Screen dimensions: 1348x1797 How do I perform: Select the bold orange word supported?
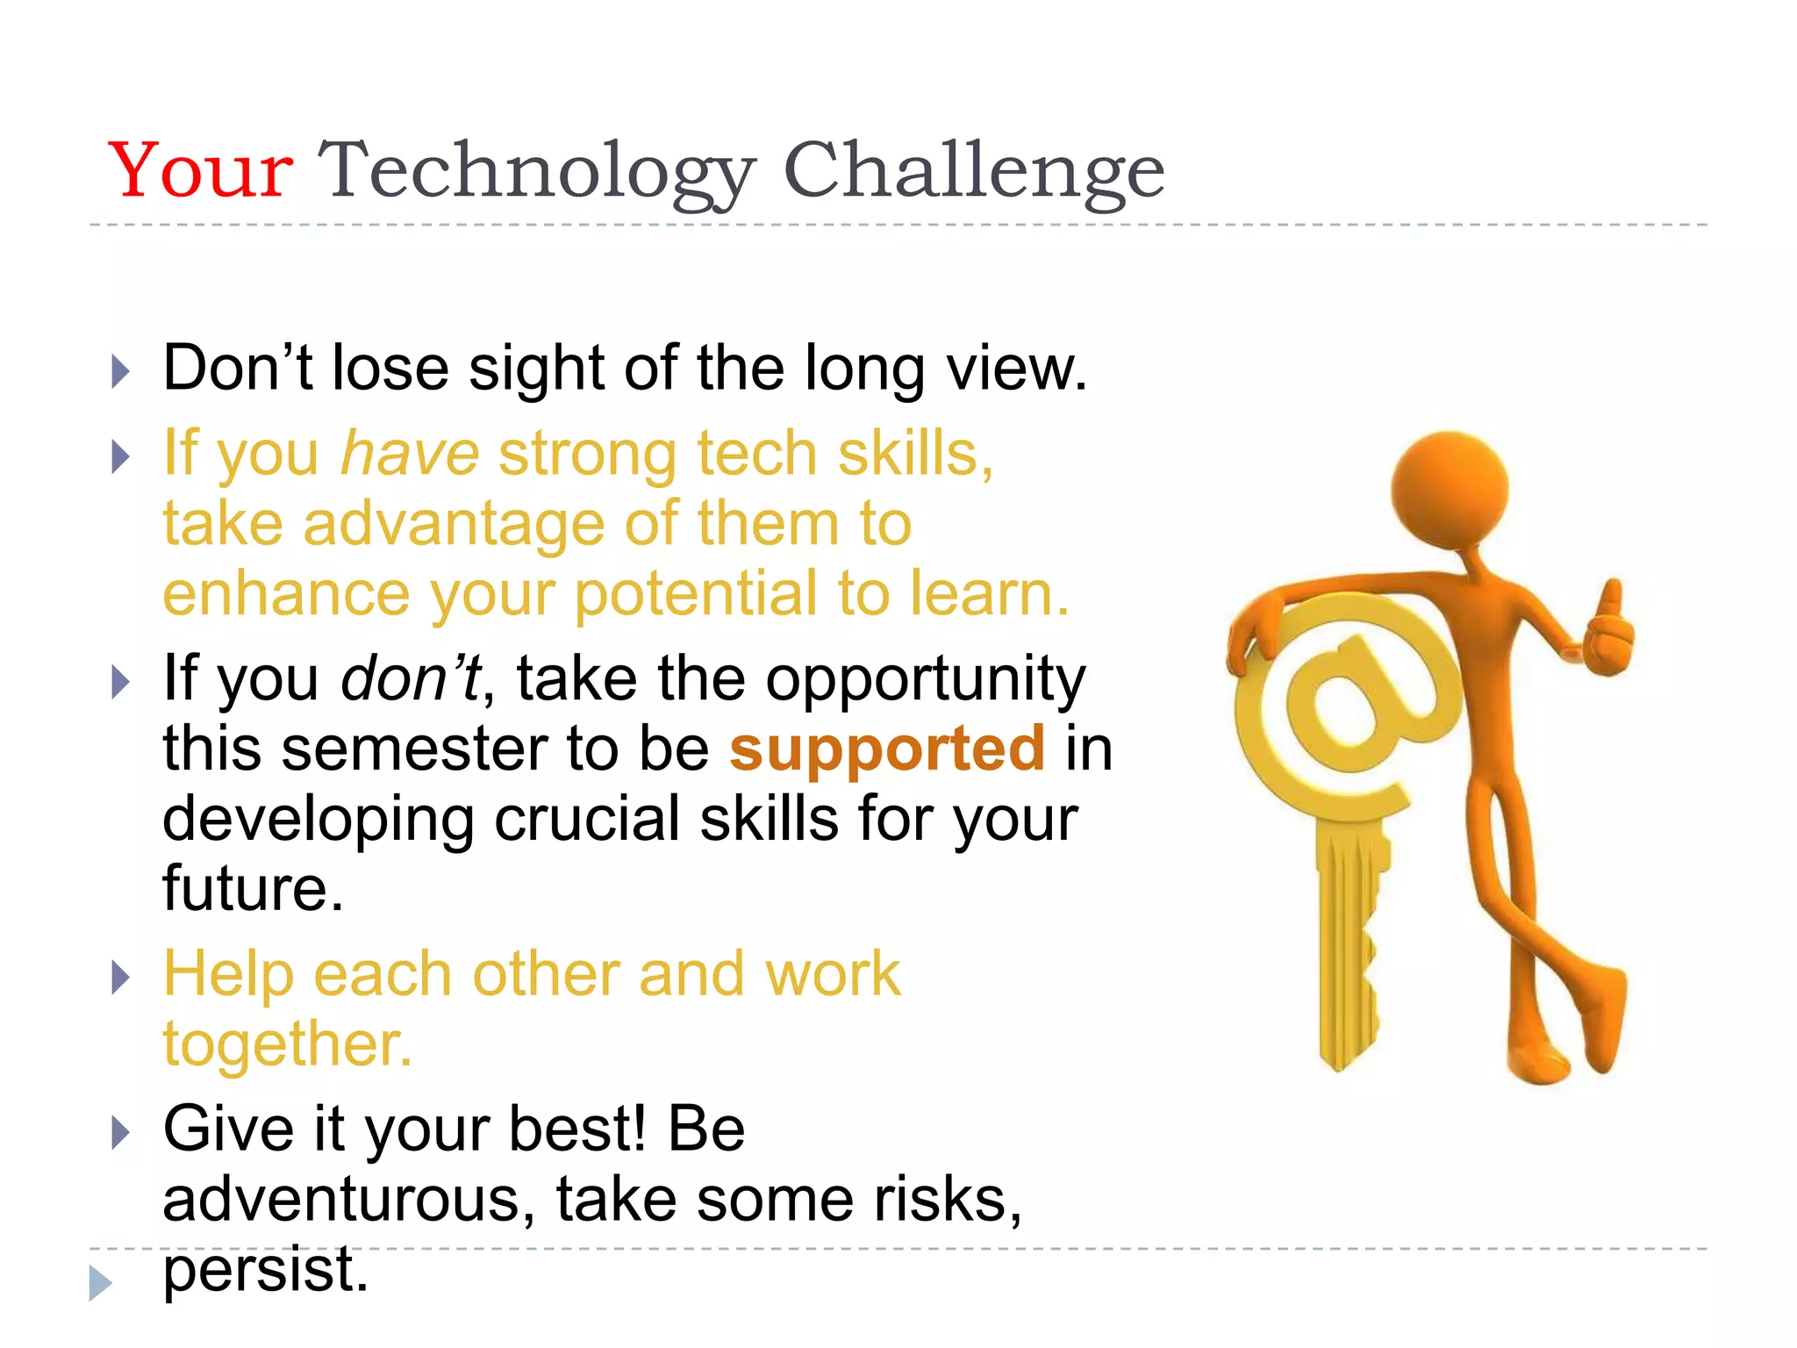[887, 750]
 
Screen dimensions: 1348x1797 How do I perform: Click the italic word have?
[410, 454]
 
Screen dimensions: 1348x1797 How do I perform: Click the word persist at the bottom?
[265, 1271]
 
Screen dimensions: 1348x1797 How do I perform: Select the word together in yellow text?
[287, 1044]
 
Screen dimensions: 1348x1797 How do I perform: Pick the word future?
[253, 888]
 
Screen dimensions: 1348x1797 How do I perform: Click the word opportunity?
[926, 680]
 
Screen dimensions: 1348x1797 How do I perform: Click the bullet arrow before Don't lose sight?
[121, 371]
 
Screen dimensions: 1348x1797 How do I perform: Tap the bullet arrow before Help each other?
[121, 977]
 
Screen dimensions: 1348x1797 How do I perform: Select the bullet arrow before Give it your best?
[121, 1132]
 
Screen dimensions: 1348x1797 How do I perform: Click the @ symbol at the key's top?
[1347, 702]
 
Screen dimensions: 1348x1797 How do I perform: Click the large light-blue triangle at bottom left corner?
[99, 1283]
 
